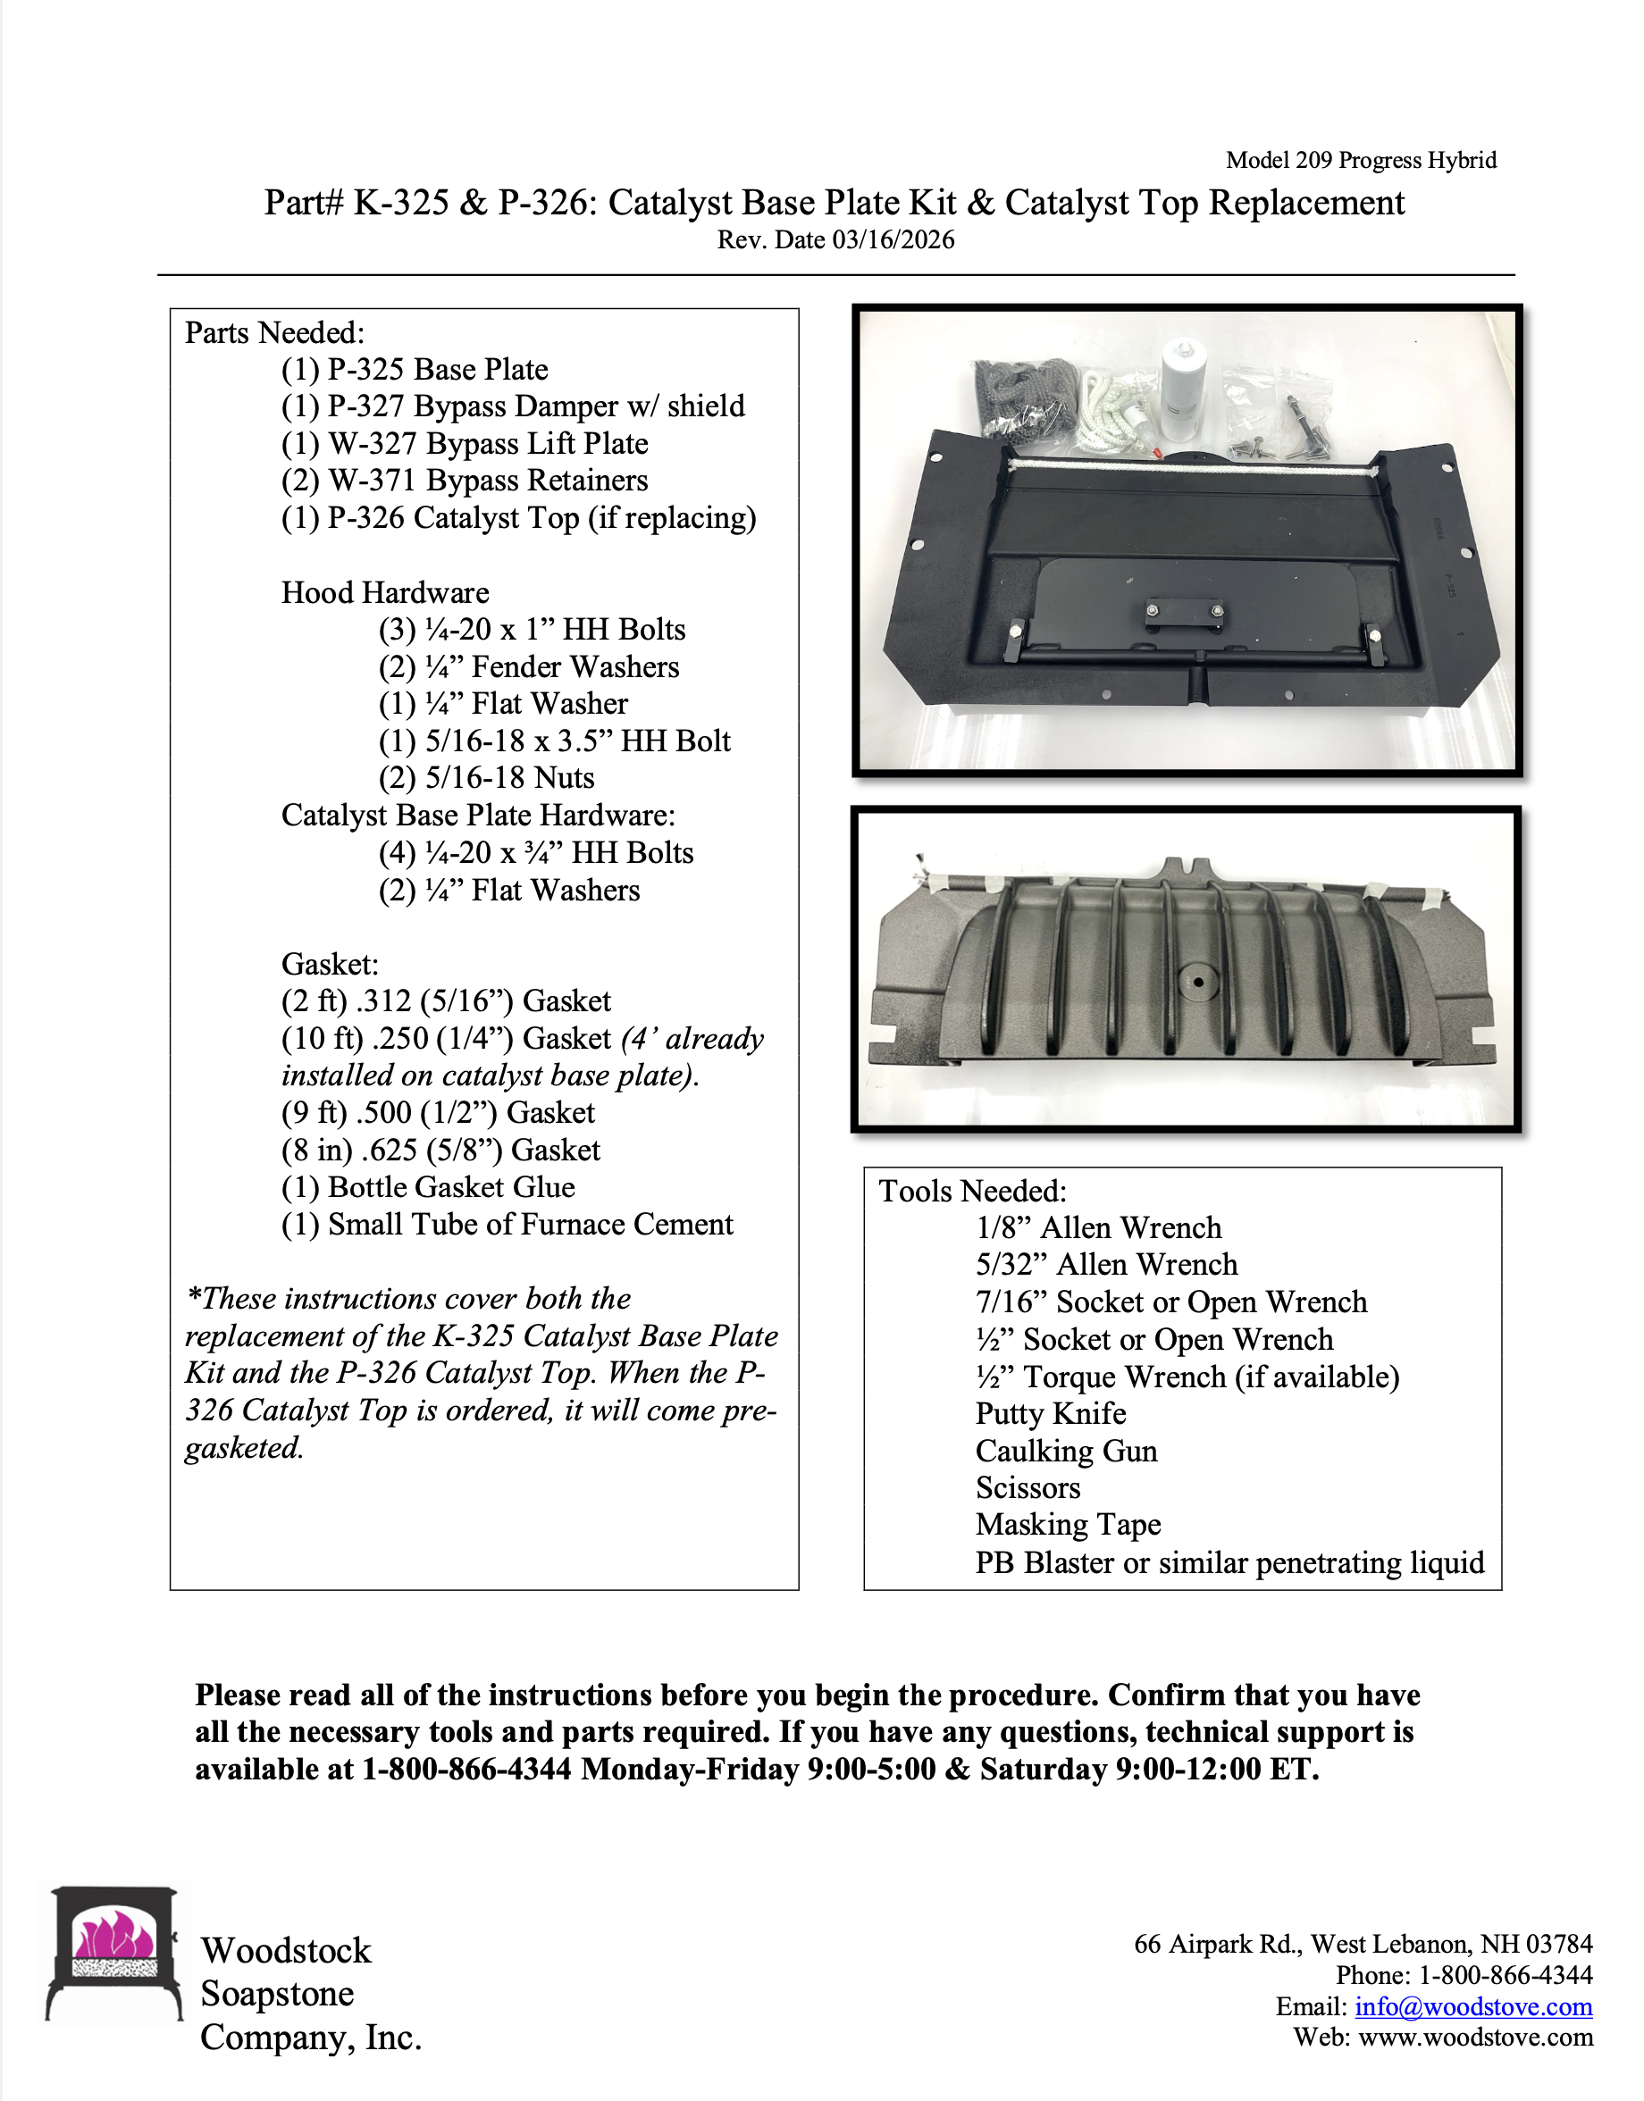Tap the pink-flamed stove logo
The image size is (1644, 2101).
(x=114, y=1952)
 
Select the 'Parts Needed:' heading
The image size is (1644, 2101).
(x=274, y=333)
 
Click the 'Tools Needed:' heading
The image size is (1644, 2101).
(x=972, y=1191)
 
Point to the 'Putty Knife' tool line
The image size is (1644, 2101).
(x=1050, y=1413)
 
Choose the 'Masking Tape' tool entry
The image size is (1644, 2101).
(x=1068, y=1525)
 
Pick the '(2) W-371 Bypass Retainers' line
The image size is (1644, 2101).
(x=465, y=481)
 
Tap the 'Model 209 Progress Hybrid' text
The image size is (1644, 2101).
(x=1360, y=160)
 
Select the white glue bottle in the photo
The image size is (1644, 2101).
(x=1186, y=389)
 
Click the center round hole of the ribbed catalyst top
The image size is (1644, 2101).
(x=1197, y=983)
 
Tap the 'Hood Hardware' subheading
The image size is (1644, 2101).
(x=385, y=593)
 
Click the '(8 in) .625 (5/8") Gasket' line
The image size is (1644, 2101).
(x=440, y=1151)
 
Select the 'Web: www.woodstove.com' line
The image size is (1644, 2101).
(x=1442, y=2038)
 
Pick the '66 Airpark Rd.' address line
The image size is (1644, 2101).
(x=1362, y=1944)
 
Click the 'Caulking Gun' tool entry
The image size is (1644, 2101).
(x=1066, y=1451)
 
